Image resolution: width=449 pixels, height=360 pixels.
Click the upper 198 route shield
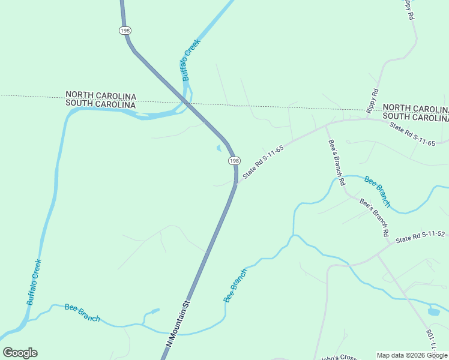125,30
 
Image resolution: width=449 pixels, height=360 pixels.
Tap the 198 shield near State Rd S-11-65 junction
234,161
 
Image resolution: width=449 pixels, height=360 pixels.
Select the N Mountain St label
178,322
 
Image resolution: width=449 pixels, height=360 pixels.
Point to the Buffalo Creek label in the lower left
34,282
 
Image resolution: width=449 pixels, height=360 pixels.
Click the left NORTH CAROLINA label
101,95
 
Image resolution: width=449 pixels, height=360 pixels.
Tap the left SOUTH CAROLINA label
101,104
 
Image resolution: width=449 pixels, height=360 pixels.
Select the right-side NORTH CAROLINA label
415,108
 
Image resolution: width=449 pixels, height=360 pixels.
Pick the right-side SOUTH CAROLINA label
415,116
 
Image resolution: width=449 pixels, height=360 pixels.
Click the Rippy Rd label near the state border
372,100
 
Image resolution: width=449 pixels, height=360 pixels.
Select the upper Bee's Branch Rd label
337,162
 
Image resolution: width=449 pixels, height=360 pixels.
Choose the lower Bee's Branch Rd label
375,217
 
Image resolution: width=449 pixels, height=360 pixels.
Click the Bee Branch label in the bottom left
82,313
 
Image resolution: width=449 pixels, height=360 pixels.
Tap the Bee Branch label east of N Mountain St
235,286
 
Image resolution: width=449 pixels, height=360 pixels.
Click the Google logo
20,353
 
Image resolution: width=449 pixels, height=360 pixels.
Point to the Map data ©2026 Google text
412,355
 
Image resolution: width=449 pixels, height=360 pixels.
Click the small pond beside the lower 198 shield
219,148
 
